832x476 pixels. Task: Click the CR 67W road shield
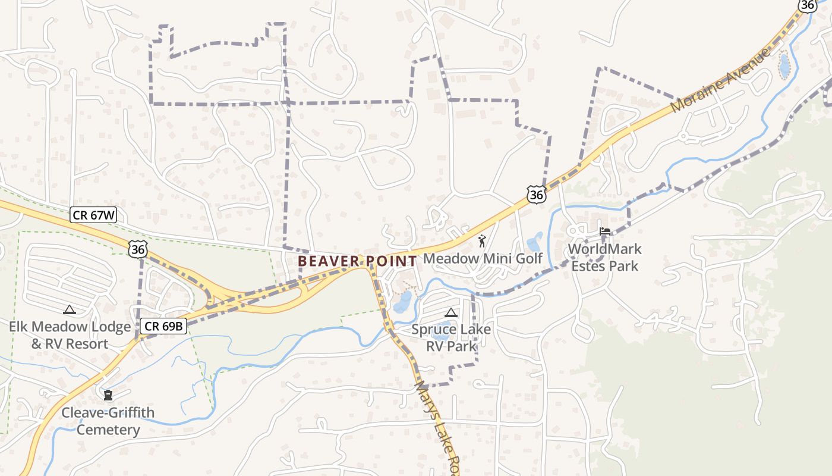[93, 215]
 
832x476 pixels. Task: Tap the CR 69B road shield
[164, 326]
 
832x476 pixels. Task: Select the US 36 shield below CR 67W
[137, 249]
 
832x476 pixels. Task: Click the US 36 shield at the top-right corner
[807, 5]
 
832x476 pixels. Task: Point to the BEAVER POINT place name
[357, 261]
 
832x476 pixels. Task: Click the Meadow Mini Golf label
[482, 259]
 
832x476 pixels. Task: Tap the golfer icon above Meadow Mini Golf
[482, 241]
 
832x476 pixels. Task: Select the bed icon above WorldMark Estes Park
[605, 231]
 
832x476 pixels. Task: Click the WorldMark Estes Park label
[604, 257]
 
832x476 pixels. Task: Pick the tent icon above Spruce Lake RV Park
[450, 312]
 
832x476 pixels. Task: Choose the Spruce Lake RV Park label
[451, 338]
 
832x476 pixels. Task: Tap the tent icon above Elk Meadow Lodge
[70, 309]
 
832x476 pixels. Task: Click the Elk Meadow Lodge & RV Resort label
[70, 335]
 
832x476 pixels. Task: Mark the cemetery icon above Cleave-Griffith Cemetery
[108, 395]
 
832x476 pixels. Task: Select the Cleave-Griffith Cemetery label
[108, 421]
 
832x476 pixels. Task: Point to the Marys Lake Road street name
[438, 427]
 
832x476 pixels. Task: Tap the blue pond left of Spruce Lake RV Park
[402, 302]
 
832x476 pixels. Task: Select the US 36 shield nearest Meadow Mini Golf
[536, 195]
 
